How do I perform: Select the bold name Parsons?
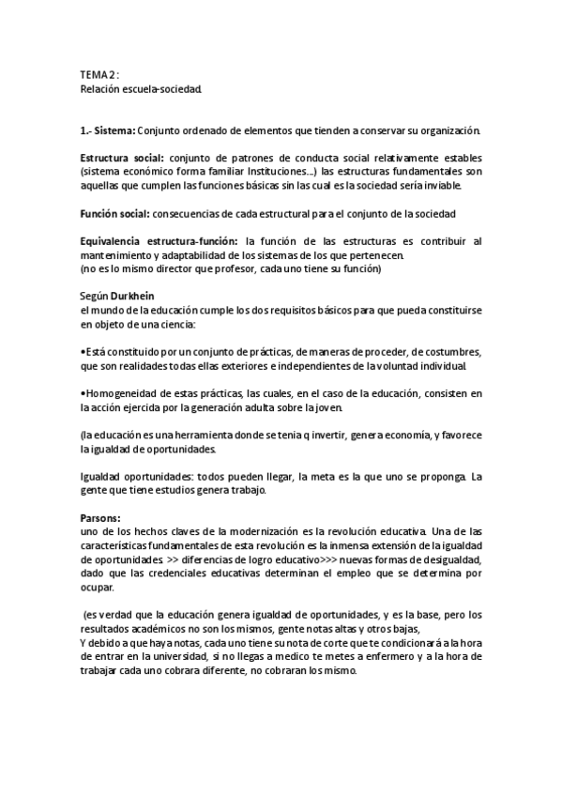pos(100,517)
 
